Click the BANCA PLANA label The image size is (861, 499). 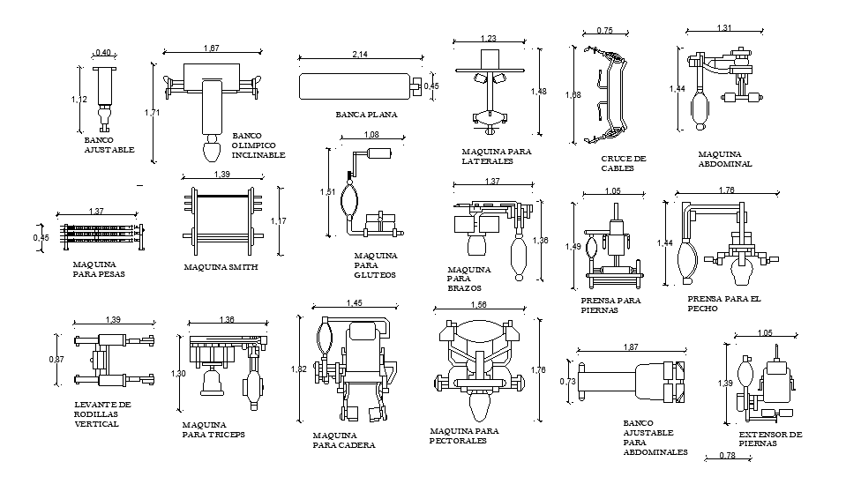[x=366, y=115]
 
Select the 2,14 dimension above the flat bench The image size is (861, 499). [x=360, y=55]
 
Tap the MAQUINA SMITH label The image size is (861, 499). [x=220, y=266]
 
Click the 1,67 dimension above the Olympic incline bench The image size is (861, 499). [x=212, y=48]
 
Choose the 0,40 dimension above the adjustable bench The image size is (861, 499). [x=103, y=53]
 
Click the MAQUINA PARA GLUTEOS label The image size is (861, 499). [x=375, y=264]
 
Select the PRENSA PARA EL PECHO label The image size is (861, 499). [x=723, y=303]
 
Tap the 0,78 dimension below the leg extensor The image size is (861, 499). [x=728, y=456]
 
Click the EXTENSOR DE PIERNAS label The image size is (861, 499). [x=770, y=439]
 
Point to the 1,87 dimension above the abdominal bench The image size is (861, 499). [x=630, y=348]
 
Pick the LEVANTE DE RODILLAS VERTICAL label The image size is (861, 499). [x=102, y=414]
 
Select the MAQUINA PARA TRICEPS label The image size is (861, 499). [x=213, y=429]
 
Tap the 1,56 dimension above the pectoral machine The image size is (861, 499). [x=479, y=304]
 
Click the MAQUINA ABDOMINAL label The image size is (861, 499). [x=725, y=159]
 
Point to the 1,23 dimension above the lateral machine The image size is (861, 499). [x=489, y=38]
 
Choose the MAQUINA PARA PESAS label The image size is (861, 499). [x=99, y=269]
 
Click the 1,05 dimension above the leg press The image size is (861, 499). [x=612, y=191]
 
